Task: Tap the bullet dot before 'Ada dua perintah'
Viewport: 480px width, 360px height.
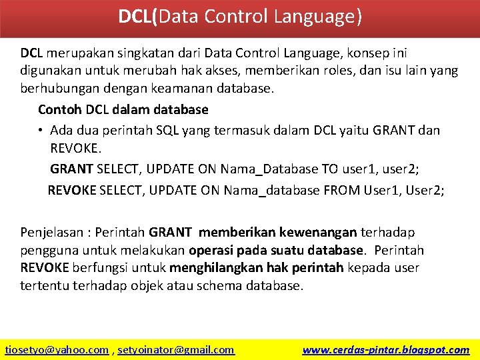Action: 41,130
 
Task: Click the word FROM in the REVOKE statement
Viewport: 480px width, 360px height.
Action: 342,190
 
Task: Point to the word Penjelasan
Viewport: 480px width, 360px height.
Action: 51,233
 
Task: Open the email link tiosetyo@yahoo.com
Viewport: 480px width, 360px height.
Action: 57,349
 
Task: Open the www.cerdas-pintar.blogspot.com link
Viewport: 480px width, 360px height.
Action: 385,349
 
